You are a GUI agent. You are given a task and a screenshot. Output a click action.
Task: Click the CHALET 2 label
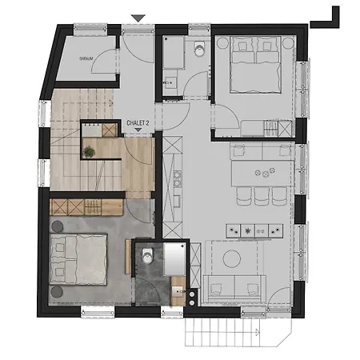coord(139,124)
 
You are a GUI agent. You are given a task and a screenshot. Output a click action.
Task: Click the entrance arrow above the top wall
coord(138,18)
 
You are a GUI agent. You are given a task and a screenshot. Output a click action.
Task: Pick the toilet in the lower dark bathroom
coord(146,257)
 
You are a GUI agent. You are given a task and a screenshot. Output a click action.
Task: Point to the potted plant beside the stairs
coord(90,150)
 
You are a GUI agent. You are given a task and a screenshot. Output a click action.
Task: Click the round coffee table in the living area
coord(233,258)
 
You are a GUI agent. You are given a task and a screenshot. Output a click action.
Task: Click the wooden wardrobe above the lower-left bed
coord(86,207)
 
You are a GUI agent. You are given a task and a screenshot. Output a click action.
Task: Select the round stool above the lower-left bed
coord(58,226)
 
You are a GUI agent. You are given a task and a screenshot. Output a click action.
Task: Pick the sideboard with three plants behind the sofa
coord(254,229)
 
